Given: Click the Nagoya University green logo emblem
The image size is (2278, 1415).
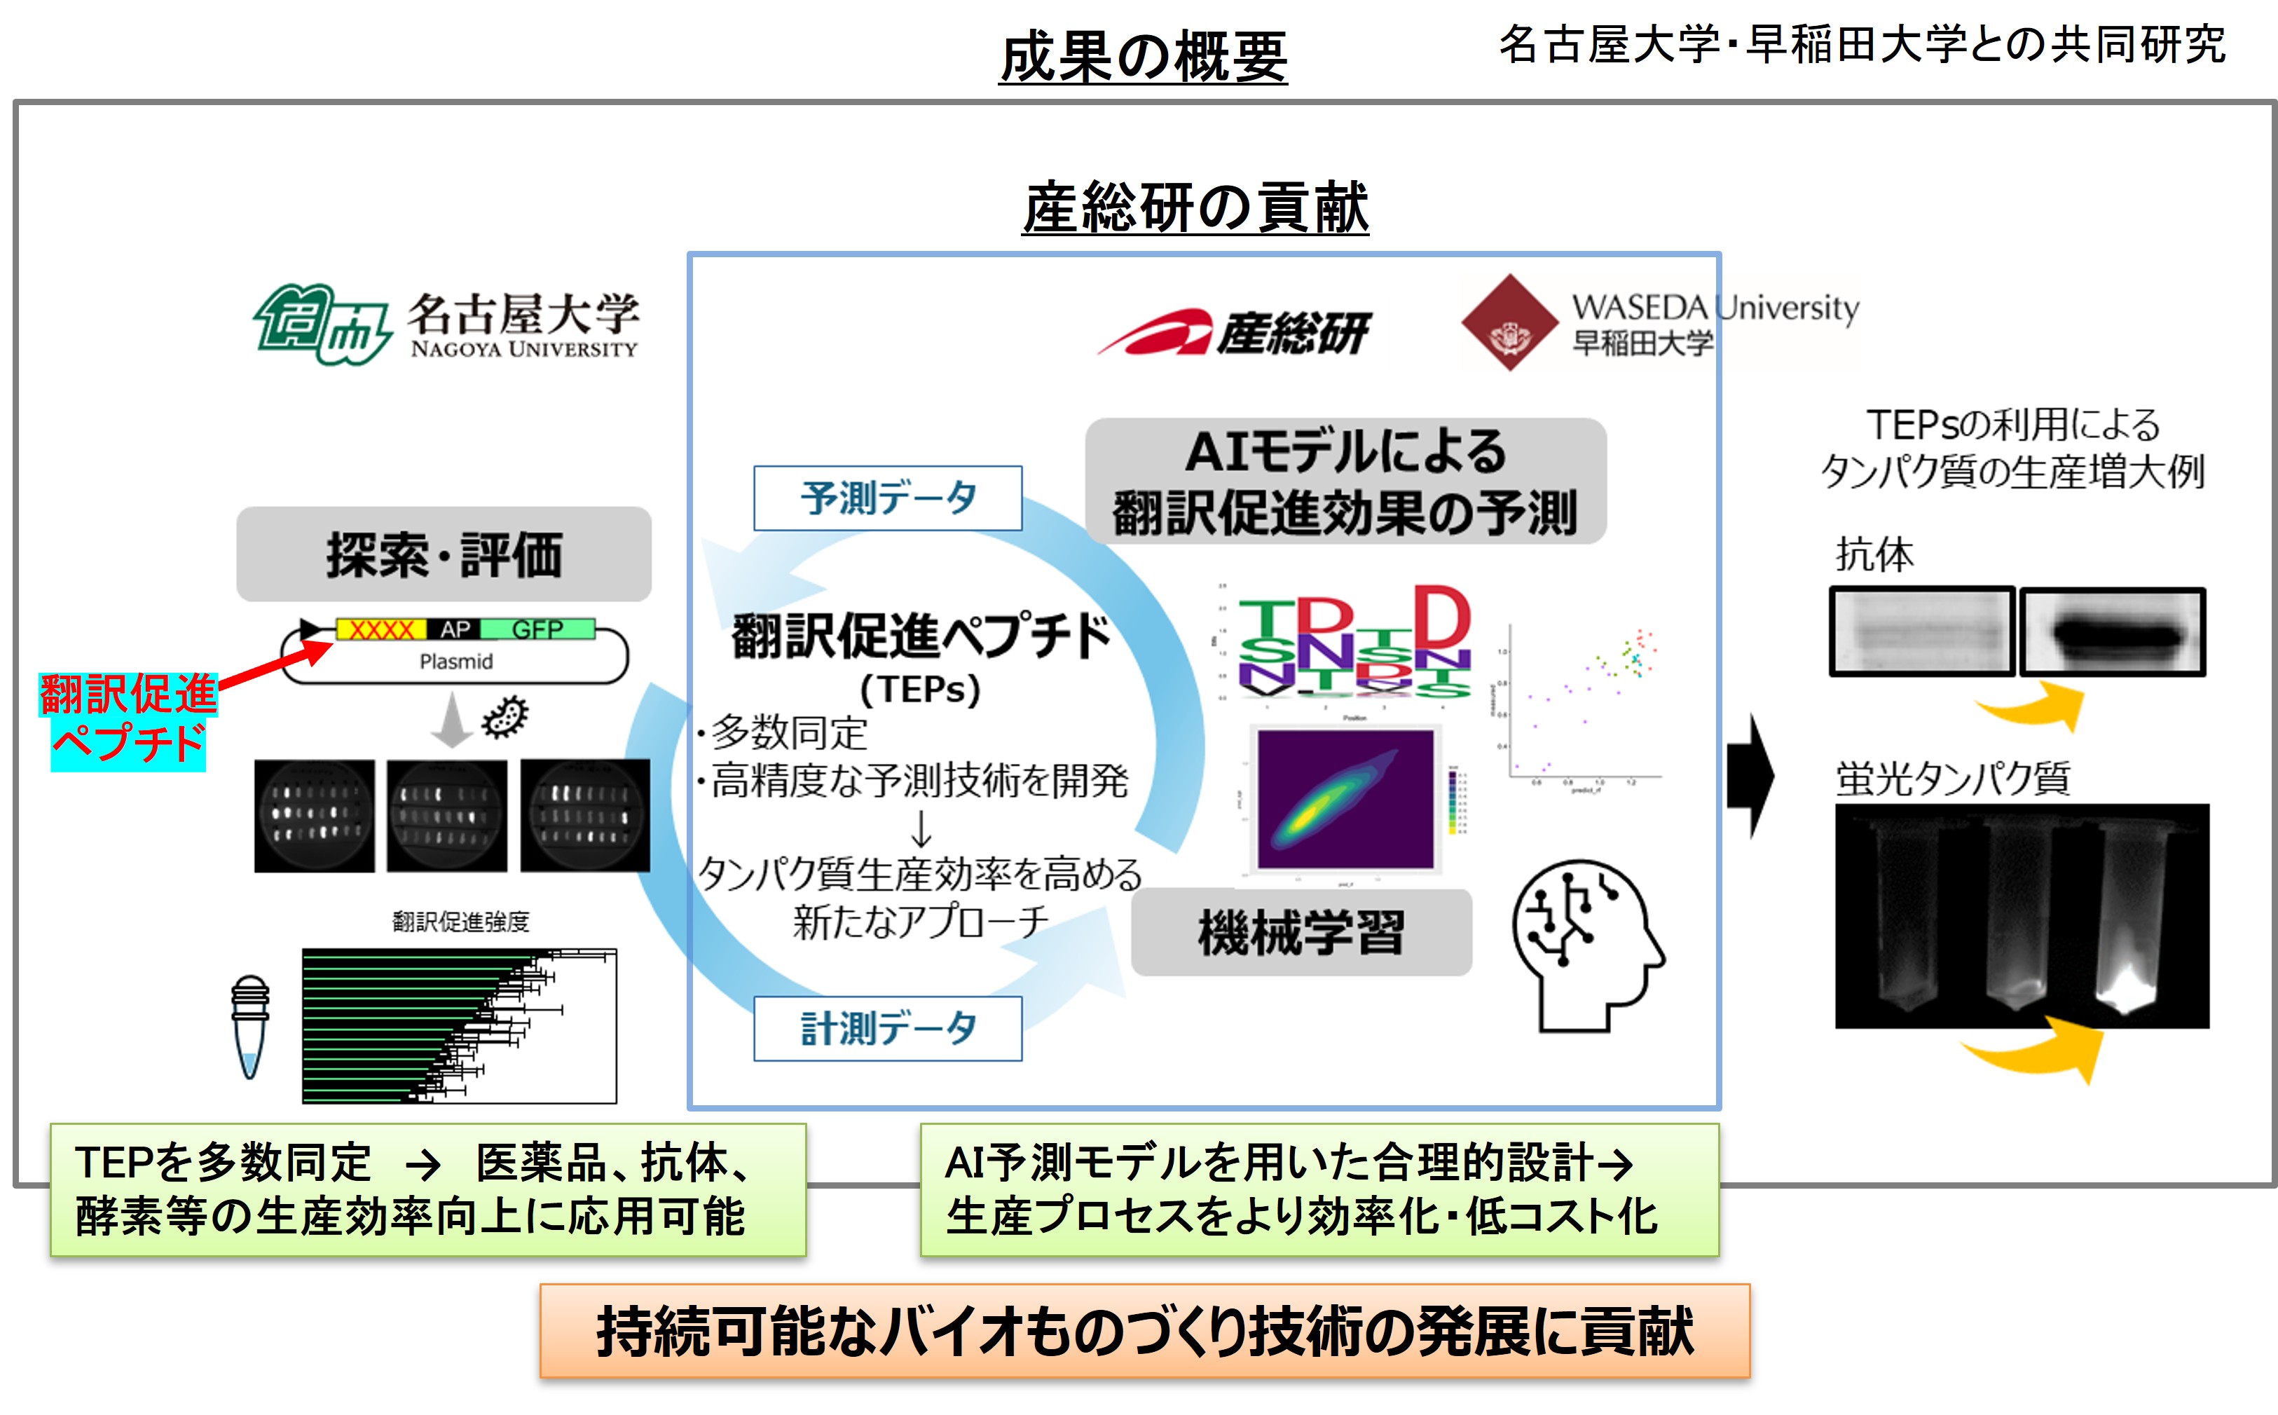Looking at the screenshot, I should pyautogui.click(x=321, y=324).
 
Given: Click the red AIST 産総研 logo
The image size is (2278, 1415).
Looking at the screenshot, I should pyautogui.click(x=1233, y=332).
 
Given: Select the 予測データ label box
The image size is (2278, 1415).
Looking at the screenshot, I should pyautogui.click(x=887, y=498).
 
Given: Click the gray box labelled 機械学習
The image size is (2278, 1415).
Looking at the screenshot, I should pyautogui.click(x=1301, y=933).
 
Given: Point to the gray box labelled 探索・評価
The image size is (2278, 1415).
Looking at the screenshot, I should pyautogui.click(x=444, y=554).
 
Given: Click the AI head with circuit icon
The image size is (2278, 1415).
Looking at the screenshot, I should pyautogui.click(x=1586, y=945).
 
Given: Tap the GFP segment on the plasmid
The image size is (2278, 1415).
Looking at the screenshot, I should pyautogui.click(x=538, y=629).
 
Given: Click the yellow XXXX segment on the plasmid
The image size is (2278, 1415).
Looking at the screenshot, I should pyautogui.click(x=380, y=629).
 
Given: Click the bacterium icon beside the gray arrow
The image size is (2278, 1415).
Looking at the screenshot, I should pyautogui.click(x=505, y=717).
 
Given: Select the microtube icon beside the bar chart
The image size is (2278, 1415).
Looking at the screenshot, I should pyautogui.click(x=249, y=1027).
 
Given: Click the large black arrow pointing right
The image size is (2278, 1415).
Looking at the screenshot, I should pyautogui.click(x=1750, y=775).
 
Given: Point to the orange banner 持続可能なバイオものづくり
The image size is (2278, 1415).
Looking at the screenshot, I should pyautogui.click(x=1144, y=1331).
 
